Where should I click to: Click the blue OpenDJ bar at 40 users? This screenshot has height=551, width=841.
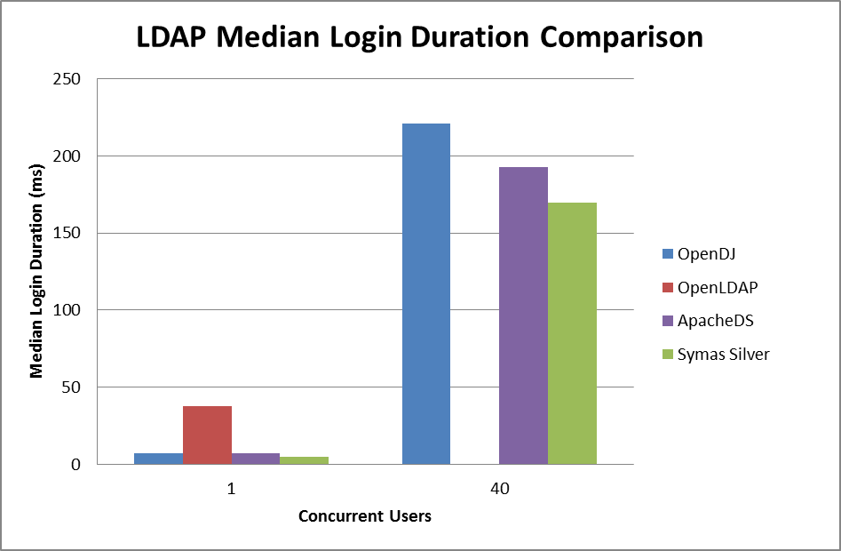(426, 293)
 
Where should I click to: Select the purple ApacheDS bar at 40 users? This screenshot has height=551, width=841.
(523, 315)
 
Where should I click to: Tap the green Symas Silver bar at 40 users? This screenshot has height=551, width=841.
(572, 333)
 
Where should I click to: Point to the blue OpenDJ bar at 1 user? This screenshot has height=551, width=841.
(158, 459)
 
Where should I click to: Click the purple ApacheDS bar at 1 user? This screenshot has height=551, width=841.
(256, 459)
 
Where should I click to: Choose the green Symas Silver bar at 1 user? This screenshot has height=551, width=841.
(304, 460)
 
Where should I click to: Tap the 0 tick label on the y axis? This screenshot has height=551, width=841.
(76, 465)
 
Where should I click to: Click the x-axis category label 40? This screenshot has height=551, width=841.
(499, 490)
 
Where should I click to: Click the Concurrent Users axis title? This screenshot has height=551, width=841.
(364, 516)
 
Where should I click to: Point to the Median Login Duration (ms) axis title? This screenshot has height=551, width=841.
(36, 271)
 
